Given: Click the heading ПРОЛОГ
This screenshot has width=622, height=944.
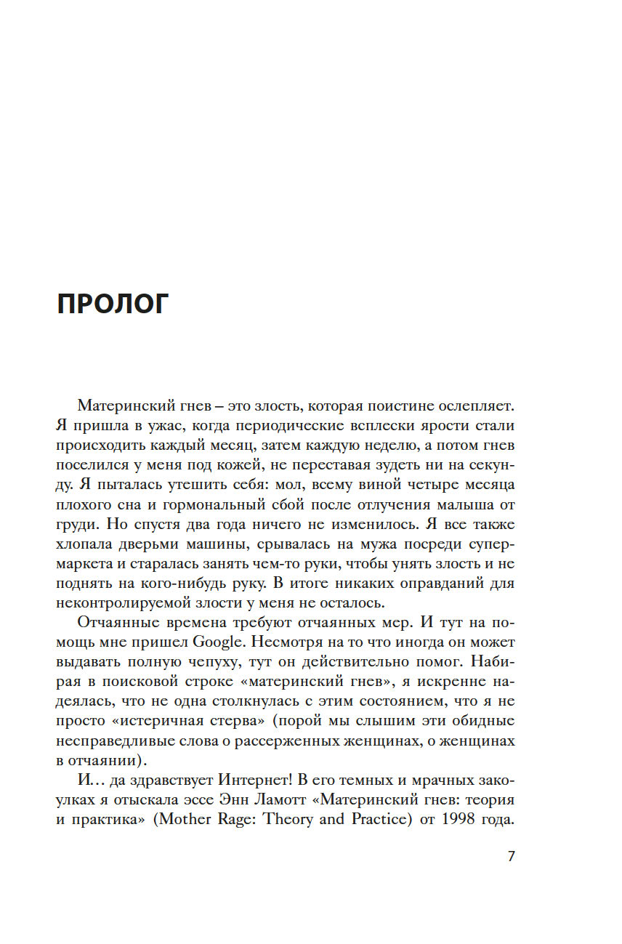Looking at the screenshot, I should point(112,304).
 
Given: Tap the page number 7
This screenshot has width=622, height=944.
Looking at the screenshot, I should point(511,856).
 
